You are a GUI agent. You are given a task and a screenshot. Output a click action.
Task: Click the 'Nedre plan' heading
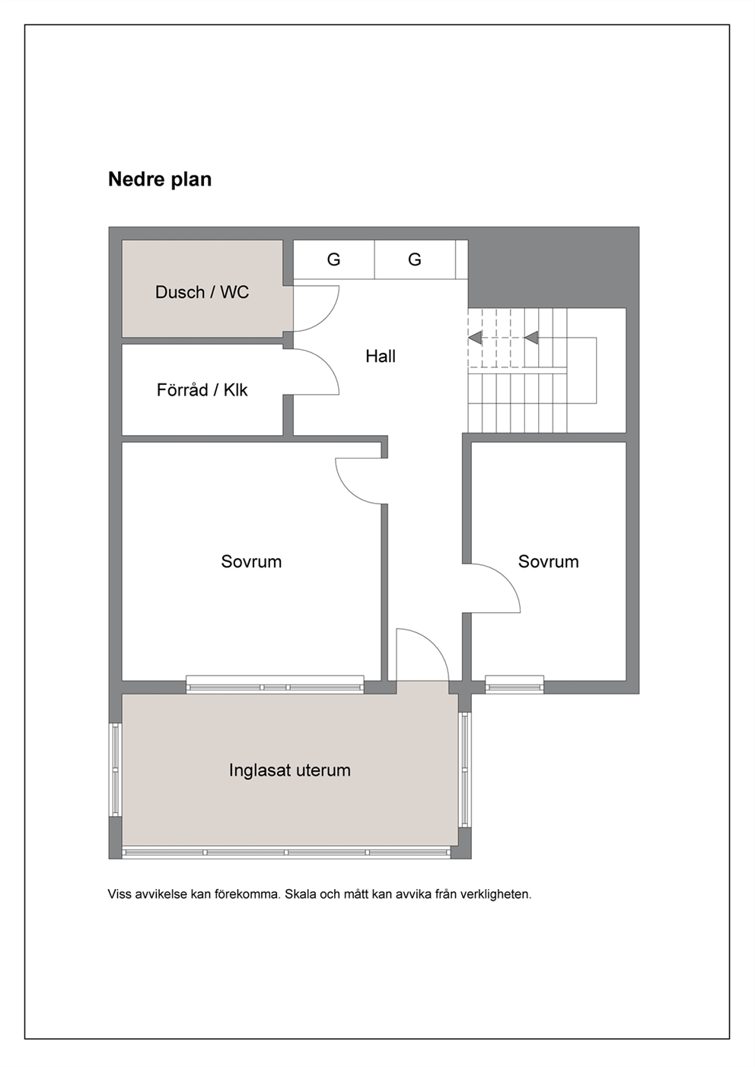click(160, 179)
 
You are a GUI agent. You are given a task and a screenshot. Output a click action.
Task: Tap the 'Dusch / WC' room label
click(202, 292)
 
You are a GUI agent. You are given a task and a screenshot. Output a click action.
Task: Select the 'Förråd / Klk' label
click(202, 390)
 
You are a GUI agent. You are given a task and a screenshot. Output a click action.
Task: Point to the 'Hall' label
click(381, 357)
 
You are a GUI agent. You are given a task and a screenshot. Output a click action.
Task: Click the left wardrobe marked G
click(333, 259)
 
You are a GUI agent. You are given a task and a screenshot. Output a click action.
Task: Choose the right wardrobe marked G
click(415, 259)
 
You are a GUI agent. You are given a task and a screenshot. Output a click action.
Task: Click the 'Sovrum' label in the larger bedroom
click(251, 561)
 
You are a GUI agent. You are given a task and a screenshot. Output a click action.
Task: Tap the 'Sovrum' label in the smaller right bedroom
click(549, 561)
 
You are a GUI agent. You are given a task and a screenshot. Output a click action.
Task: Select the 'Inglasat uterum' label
click(290, 770)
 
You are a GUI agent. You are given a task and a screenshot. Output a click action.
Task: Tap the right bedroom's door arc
click(507, 578)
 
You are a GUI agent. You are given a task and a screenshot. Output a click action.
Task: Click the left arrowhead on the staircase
click(475, 337)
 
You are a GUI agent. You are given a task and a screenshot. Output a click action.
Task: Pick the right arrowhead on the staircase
click(531, 337)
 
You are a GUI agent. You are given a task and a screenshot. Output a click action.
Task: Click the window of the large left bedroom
click(275, 684)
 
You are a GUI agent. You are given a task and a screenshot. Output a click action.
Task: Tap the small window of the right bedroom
click(514, 684)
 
